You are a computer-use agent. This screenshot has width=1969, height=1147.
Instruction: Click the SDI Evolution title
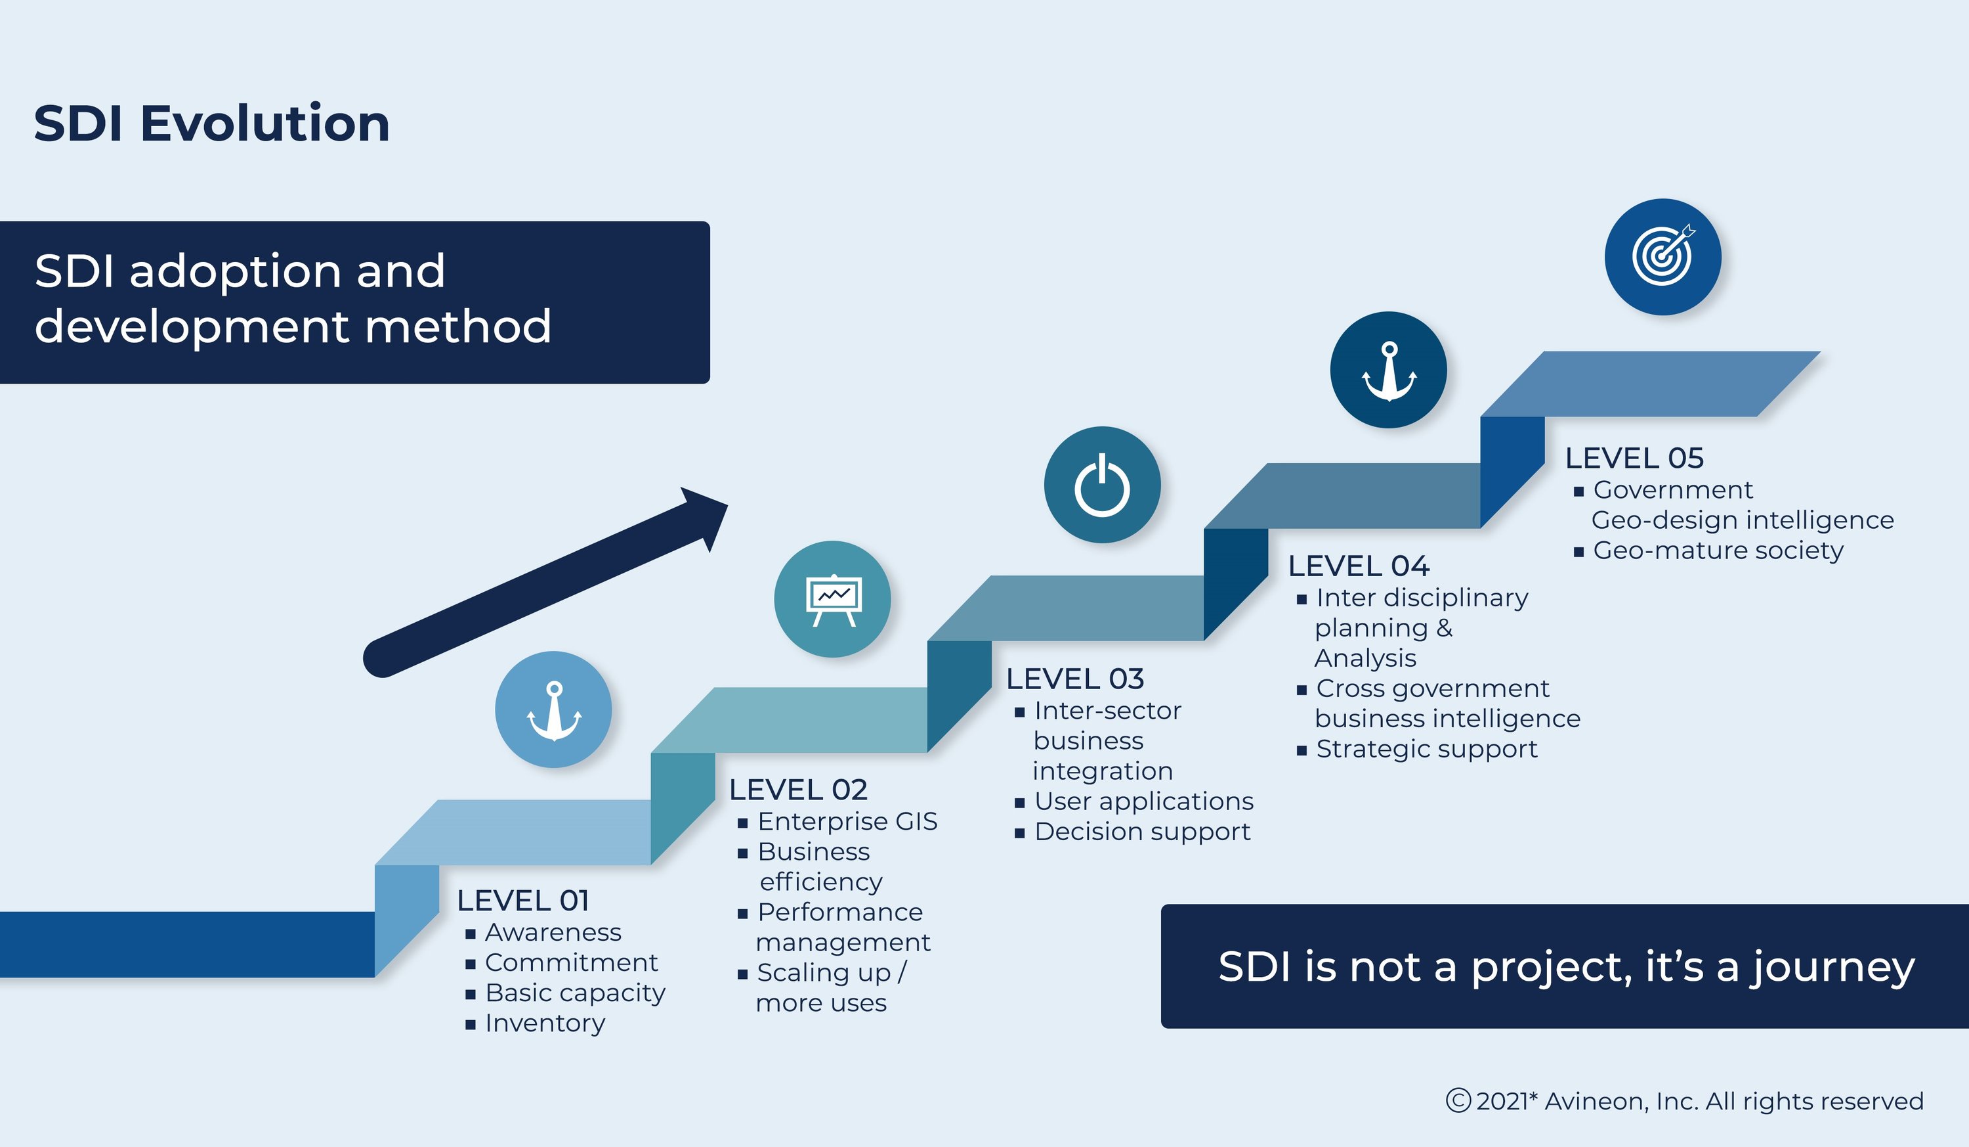click(x=211, y=124)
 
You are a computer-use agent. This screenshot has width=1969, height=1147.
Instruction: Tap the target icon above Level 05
click(x=1662, y=256)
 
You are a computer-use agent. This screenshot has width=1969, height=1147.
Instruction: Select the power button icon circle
click(x=1102, y=485)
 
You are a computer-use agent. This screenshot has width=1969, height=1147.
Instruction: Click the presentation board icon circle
click(x=832, y=599)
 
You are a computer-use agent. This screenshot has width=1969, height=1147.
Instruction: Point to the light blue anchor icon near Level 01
click(x=553, y=709)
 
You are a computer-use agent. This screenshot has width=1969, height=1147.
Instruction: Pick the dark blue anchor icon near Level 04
click(x=1387, y=370)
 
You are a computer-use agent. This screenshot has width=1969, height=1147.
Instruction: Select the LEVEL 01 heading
click(x=522, y=900)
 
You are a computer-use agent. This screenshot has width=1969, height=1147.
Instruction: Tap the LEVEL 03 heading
click(x=1074, y=679)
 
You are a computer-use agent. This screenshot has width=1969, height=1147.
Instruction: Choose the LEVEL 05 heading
click(x=1634, y=457)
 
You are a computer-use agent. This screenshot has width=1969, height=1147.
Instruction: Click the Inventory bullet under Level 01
click(x=545, y=1023)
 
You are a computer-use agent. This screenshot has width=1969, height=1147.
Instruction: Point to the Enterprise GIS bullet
click(x=847, y=821)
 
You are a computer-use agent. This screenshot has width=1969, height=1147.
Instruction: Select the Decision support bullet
click(x=1141, y=831)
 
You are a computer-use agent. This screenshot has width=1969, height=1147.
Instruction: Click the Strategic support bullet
click(x=1426, y=749)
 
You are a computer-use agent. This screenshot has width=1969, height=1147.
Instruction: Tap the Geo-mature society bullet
click(x=1718, y=551)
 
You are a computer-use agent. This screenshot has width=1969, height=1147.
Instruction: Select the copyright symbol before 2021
click(x=1458, y=1100)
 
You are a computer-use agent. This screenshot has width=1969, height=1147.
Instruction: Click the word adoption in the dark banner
click(x=235, y=272)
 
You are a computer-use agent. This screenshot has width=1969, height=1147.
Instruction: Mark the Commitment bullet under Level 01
click(x=570, y=962)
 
